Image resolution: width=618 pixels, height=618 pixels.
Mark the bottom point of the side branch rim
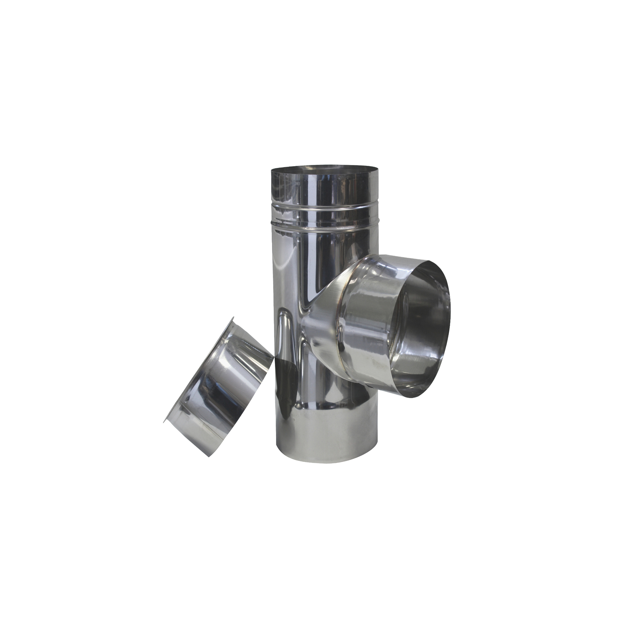(x=415, y=398)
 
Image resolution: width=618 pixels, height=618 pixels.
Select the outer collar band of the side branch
(x=370, y=322)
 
